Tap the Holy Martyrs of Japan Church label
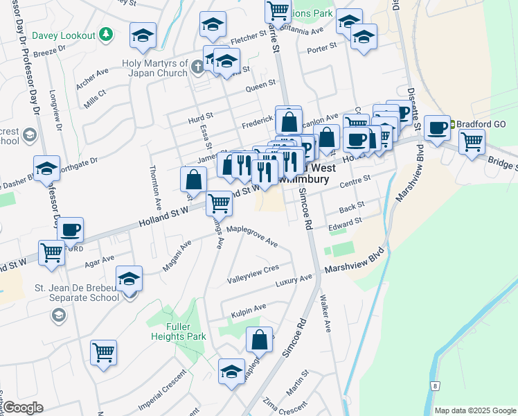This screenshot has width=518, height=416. pyautogui.click(x=151, y=67)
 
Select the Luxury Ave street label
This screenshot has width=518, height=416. pyautogui.click(x=294, y=279)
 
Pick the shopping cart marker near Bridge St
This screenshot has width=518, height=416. pyautogui.click(x=472, y=141)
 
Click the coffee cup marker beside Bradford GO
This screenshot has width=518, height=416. pyautogui.click(x=437, y=128)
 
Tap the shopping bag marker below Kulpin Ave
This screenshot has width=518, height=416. pyautogui.click(x=259, y=340)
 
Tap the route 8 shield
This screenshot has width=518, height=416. pyautogui.click(x=435, y=385)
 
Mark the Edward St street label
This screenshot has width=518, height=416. pyautogui.click(x=345, y=224)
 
